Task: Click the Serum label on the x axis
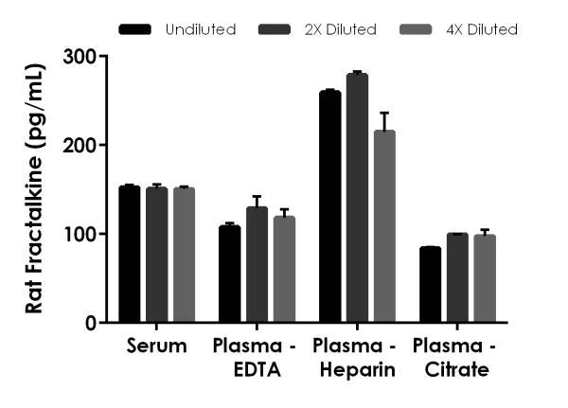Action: [x=156, y=346]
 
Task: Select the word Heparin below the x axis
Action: [x=358, y=370]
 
